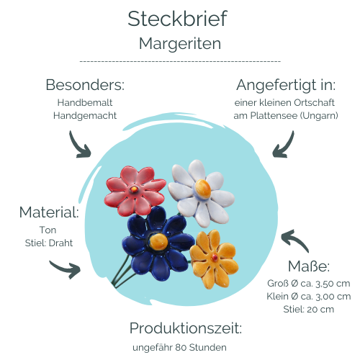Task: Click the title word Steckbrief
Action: (x=177, y=19)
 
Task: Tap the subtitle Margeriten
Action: (x=180, y=44)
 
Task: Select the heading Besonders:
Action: (x=85, y=85)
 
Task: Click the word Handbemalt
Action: (x=85, y=103)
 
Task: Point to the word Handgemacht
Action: (x=85, y=116)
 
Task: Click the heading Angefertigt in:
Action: (x=286, y=85)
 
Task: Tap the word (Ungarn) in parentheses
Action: (x=319, y=116)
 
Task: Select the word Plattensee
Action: (x=274, y=116)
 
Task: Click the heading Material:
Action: (x=49, y=212)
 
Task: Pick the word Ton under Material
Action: (x=48, y=230)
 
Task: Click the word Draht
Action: (x=60, y=243)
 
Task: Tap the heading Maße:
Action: (x=309, y=266)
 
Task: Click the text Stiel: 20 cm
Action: (x=309, y=310)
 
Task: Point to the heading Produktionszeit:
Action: (x=186, y=328)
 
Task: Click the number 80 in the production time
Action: (x=181, y=348)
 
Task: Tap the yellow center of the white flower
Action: (x=203, y=189)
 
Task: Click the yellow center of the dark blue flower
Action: (x=158, y=241)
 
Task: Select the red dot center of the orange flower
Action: (x=215, y=258)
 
